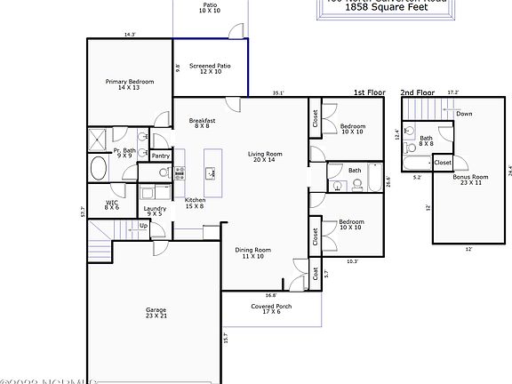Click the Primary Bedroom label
coord(130,84)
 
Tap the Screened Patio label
coord(210,68)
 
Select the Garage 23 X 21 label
coord(156,313)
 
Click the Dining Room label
coord(252,253)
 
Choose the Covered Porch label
coord(271,308)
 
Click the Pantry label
coord(161,156)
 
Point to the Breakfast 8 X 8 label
coord(203,123)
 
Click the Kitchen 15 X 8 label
coord(196,203)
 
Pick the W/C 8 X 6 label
coord(112,204)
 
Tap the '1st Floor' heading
coord(369,92)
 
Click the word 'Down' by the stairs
coord(464,114)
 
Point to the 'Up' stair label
coord(144,226)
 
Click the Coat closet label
coord(316,274)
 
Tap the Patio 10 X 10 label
coord(210,8)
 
